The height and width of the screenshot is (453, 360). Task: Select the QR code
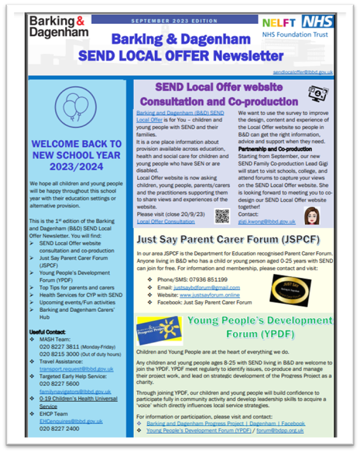222,216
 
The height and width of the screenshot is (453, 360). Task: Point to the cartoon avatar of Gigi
311,216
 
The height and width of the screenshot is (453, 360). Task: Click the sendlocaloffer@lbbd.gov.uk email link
303,73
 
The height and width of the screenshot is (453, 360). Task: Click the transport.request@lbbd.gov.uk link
77,369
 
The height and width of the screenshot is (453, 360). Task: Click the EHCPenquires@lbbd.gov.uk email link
71,421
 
